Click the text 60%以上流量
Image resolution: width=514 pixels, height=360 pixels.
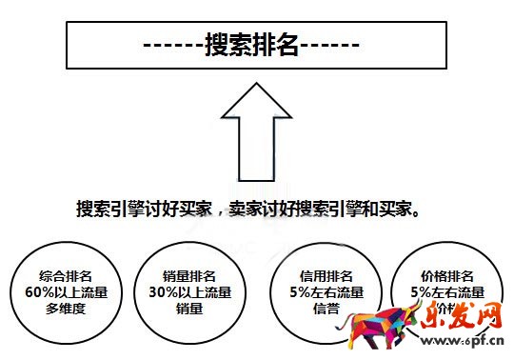(x=58, y=292)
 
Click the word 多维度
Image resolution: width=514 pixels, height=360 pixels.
(x=58, y=308)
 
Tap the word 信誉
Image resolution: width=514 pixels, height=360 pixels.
(x=317, y=308)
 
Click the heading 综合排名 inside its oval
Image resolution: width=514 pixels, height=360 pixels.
(x=58, y=276)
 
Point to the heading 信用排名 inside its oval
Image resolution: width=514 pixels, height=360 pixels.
(x=317, y=276)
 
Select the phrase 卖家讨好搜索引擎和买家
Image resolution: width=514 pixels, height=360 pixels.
(x=324, y=209)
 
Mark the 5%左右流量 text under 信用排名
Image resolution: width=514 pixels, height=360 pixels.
(x=317, y=292)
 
